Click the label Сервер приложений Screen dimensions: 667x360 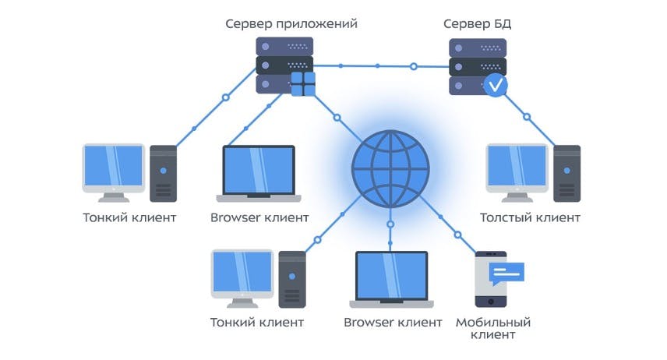click(x=291, y=24)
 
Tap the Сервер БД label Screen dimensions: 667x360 click(x=478, y=24)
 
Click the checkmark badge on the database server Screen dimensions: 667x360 click(x=495, y=85)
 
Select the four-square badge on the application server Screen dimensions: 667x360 click(x=303, y=84)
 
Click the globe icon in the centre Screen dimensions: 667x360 click(x=390, y=169)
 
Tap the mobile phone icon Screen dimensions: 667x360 click(x=491, y=279)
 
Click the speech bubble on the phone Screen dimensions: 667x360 click(x=506, y=274)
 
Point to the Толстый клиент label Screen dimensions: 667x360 click(x=530, y=218)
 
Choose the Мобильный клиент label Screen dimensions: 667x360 click(x=493, y=329)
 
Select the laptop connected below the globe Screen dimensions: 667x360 click(x=391, y=279)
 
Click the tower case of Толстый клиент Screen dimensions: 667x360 click(x=567, y=174)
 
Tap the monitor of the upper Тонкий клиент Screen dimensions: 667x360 click(x=114, y=173)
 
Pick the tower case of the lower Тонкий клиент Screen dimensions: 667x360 click(x=292, y=280)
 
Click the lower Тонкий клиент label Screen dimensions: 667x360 click(x=257, y=323)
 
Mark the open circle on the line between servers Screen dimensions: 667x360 click(x=414, y=66)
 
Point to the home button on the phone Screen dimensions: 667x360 click(x=491, y=302)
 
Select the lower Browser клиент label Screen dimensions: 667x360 click(x=393, y=323)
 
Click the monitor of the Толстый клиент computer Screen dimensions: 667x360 click(x=517, y=173)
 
